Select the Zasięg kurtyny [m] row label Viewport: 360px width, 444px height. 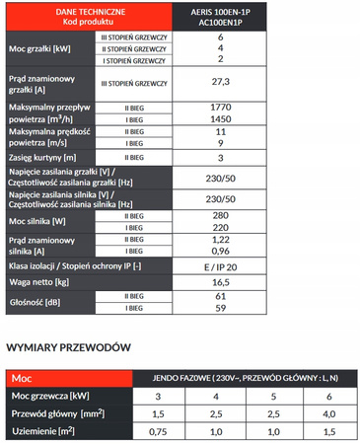tap(48, 156)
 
